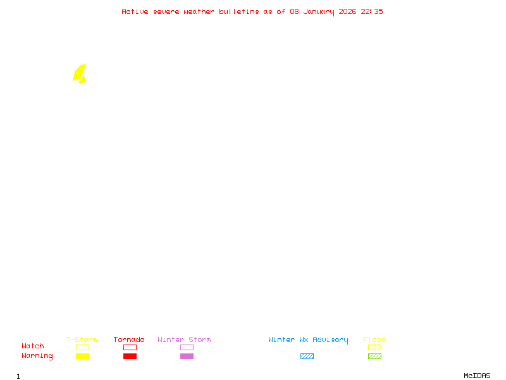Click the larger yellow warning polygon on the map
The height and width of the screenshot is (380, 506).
[78, 72]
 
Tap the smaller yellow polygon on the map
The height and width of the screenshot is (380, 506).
[82, 80]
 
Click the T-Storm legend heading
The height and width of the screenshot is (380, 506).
[82, 340]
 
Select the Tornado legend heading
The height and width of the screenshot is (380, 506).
[129, 340]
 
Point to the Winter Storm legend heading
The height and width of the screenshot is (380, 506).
[184, 340]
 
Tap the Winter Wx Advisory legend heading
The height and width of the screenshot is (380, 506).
[308, 340]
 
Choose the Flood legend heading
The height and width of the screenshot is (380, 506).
[374, 340]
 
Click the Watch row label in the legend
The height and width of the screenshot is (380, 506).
[33, 346]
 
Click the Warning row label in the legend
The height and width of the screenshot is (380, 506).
[37, 356]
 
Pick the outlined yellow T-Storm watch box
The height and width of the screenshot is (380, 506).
[82, 347]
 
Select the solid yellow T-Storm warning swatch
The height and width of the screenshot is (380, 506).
[82, 356]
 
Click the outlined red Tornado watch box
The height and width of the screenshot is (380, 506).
[130, 347]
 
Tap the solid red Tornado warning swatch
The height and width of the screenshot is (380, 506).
[130, 356]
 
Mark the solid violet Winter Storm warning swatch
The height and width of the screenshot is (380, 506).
[187, 356]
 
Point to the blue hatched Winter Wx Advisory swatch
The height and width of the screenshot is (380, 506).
[307, 356]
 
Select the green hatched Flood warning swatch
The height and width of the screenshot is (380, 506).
[374, 356]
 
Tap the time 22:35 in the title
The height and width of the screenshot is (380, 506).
[372, 11]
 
